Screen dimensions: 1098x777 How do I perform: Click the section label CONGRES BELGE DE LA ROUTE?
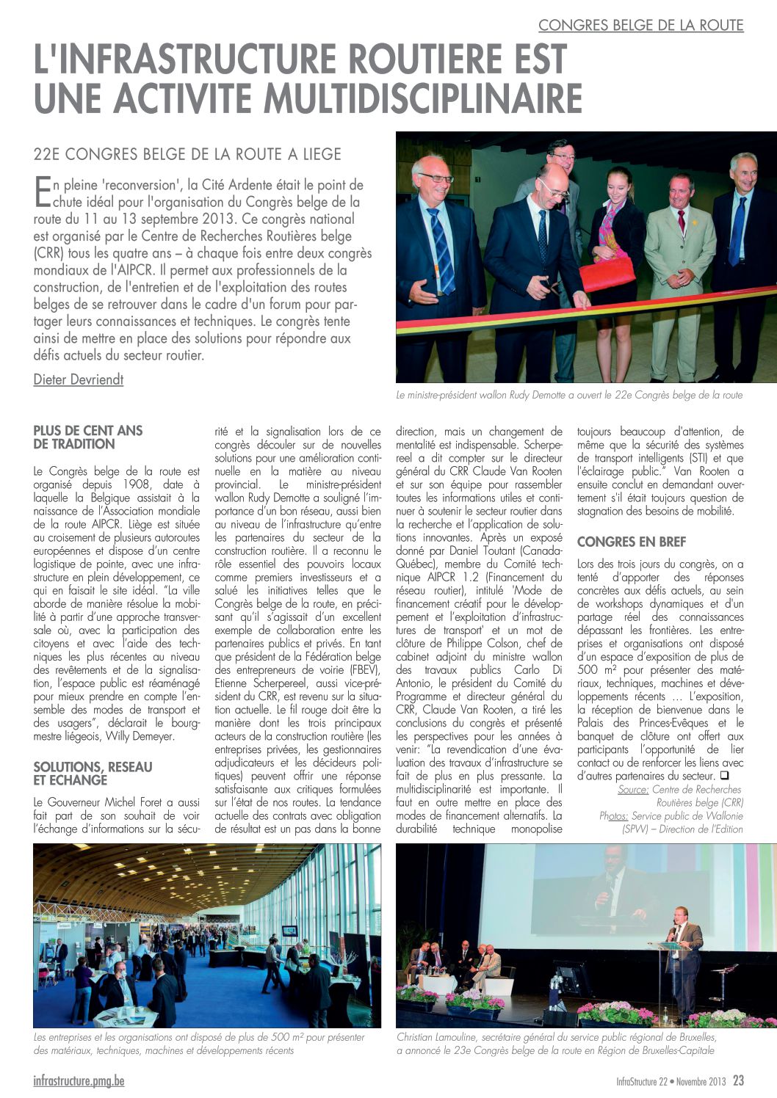[640, 26]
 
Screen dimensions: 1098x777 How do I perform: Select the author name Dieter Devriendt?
[79, 379]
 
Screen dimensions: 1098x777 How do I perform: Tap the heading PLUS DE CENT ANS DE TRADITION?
[88, 437]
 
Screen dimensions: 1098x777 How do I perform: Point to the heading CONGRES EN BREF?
[632, 542]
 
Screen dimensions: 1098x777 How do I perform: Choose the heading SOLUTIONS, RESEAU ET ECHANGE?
[93, 774]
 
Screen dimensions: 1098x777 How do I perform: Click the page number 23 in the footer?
[738, 1080]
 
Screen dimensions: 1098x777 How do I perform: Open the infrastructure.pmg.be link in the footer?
[79, 1081]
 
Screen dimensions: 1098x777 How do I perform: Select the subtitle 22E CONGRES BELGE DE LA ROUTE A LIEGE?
[187, 154]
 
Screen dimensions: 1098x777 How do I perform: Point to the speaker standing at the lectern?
[687, 954]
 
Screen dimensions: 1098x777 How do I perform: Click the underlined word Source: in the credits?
[633, 790]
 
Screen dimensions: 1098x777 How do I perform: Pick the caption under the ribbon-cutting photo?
[569, 395]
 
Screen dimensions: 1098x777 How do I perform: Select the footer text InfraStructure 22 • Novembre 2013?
[671, 1081]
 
